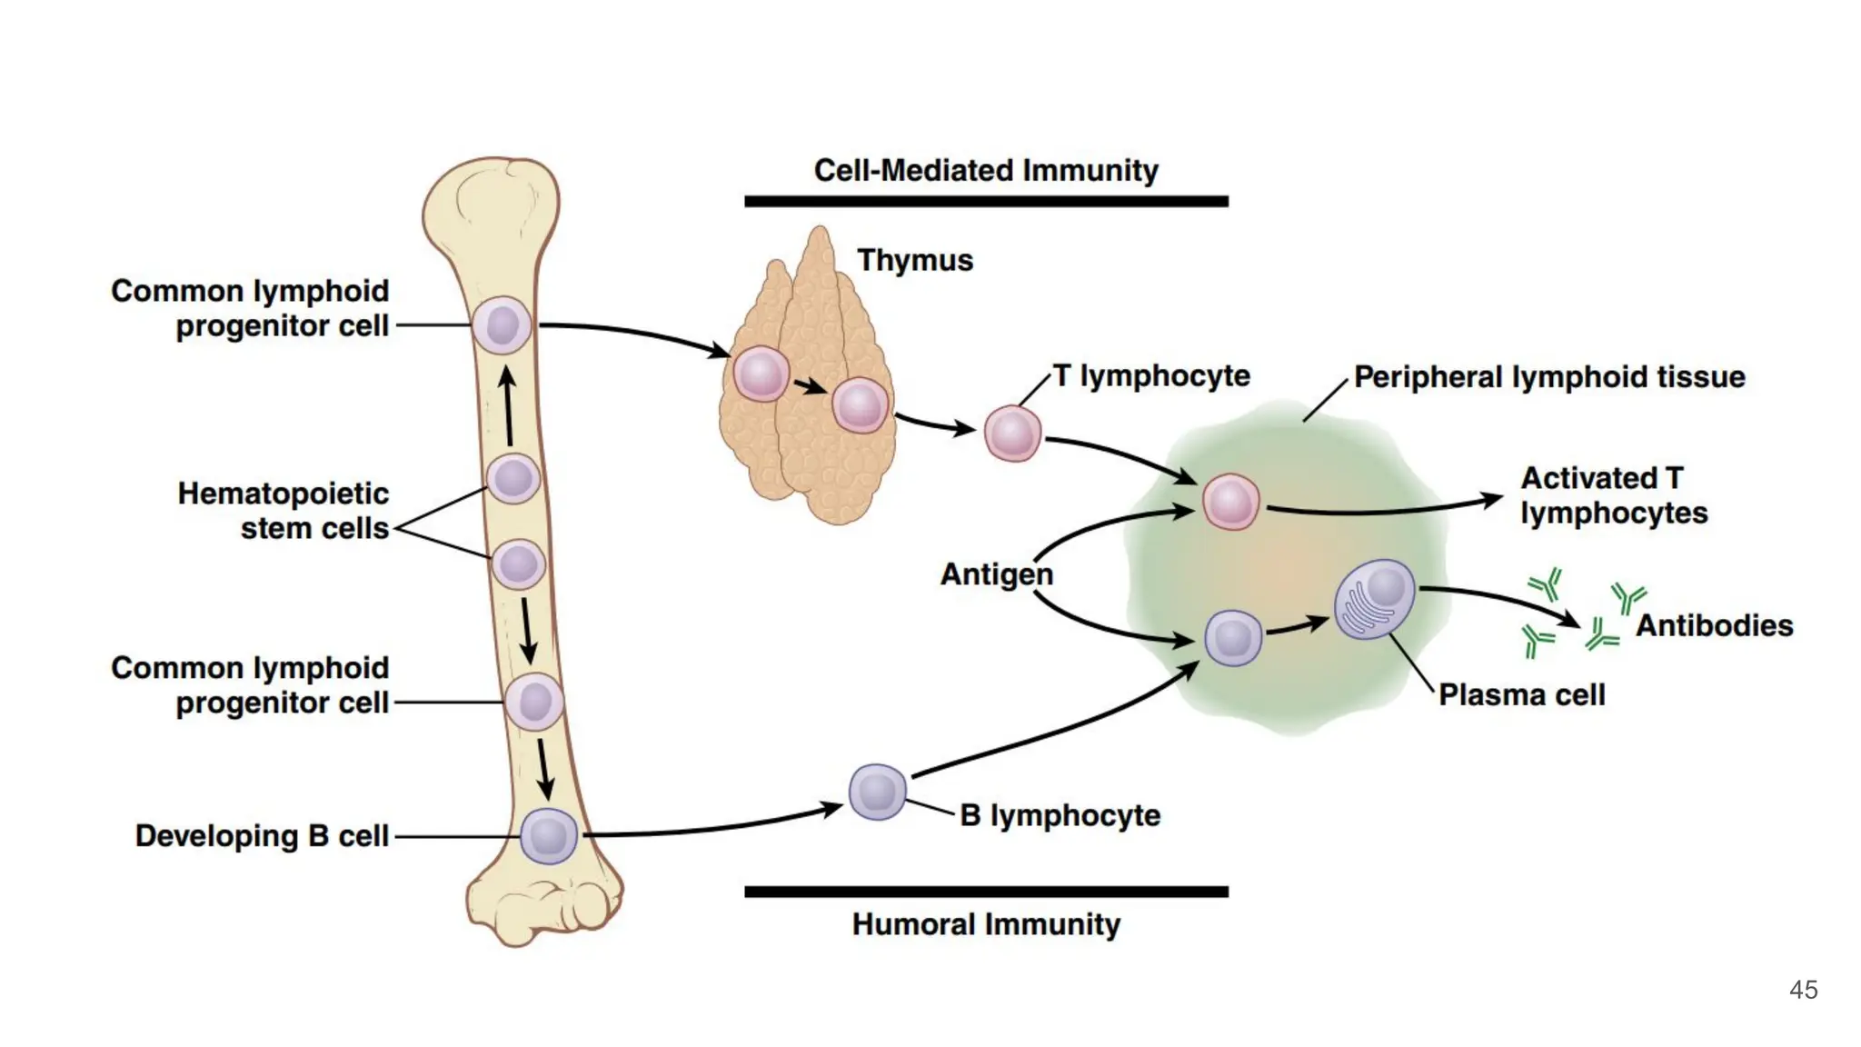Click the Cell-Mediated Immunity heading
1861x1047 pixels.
coord(986,170)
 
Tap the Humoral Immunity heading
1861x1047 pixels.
coord(986,924)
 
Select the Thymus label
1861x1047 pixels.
coord(915,260)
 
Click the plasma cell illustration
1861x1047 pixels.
coord(1374,599)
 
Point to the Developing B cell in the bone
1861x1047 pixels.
coord(549,836)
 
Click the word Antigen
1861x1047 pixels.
coord(997,574)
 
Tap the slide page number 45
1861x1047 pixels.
coord(1803,990)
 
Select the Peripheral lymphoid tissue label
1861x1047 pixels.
coord(1549,377)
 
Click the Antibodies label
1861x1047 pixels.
coord(1714,625)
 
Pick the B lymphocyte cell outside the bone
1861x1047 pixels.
coord(878,792)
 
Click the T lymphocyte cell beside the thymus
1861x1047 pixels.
coord(1012,434)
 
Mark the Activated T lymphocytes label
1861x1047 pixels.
coord(1613,495)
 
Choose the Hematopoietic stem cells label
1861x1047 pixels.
coord(284,511)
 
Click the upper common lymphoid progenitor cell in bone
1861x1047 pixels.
coord(502,324)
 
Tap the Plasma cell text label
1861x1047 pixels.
coord(1522,695)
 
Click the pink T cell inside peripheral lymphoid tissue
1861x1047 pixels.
coord(1230,502)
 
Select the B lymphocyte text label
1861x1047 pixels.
coord(1060,815)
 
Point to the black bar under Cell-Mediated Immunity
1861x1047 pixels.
coord(986,201)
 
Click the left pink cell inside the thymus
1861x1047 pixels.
coord(761,374)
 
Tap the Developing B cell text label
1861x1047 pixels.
coord(262,836)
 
